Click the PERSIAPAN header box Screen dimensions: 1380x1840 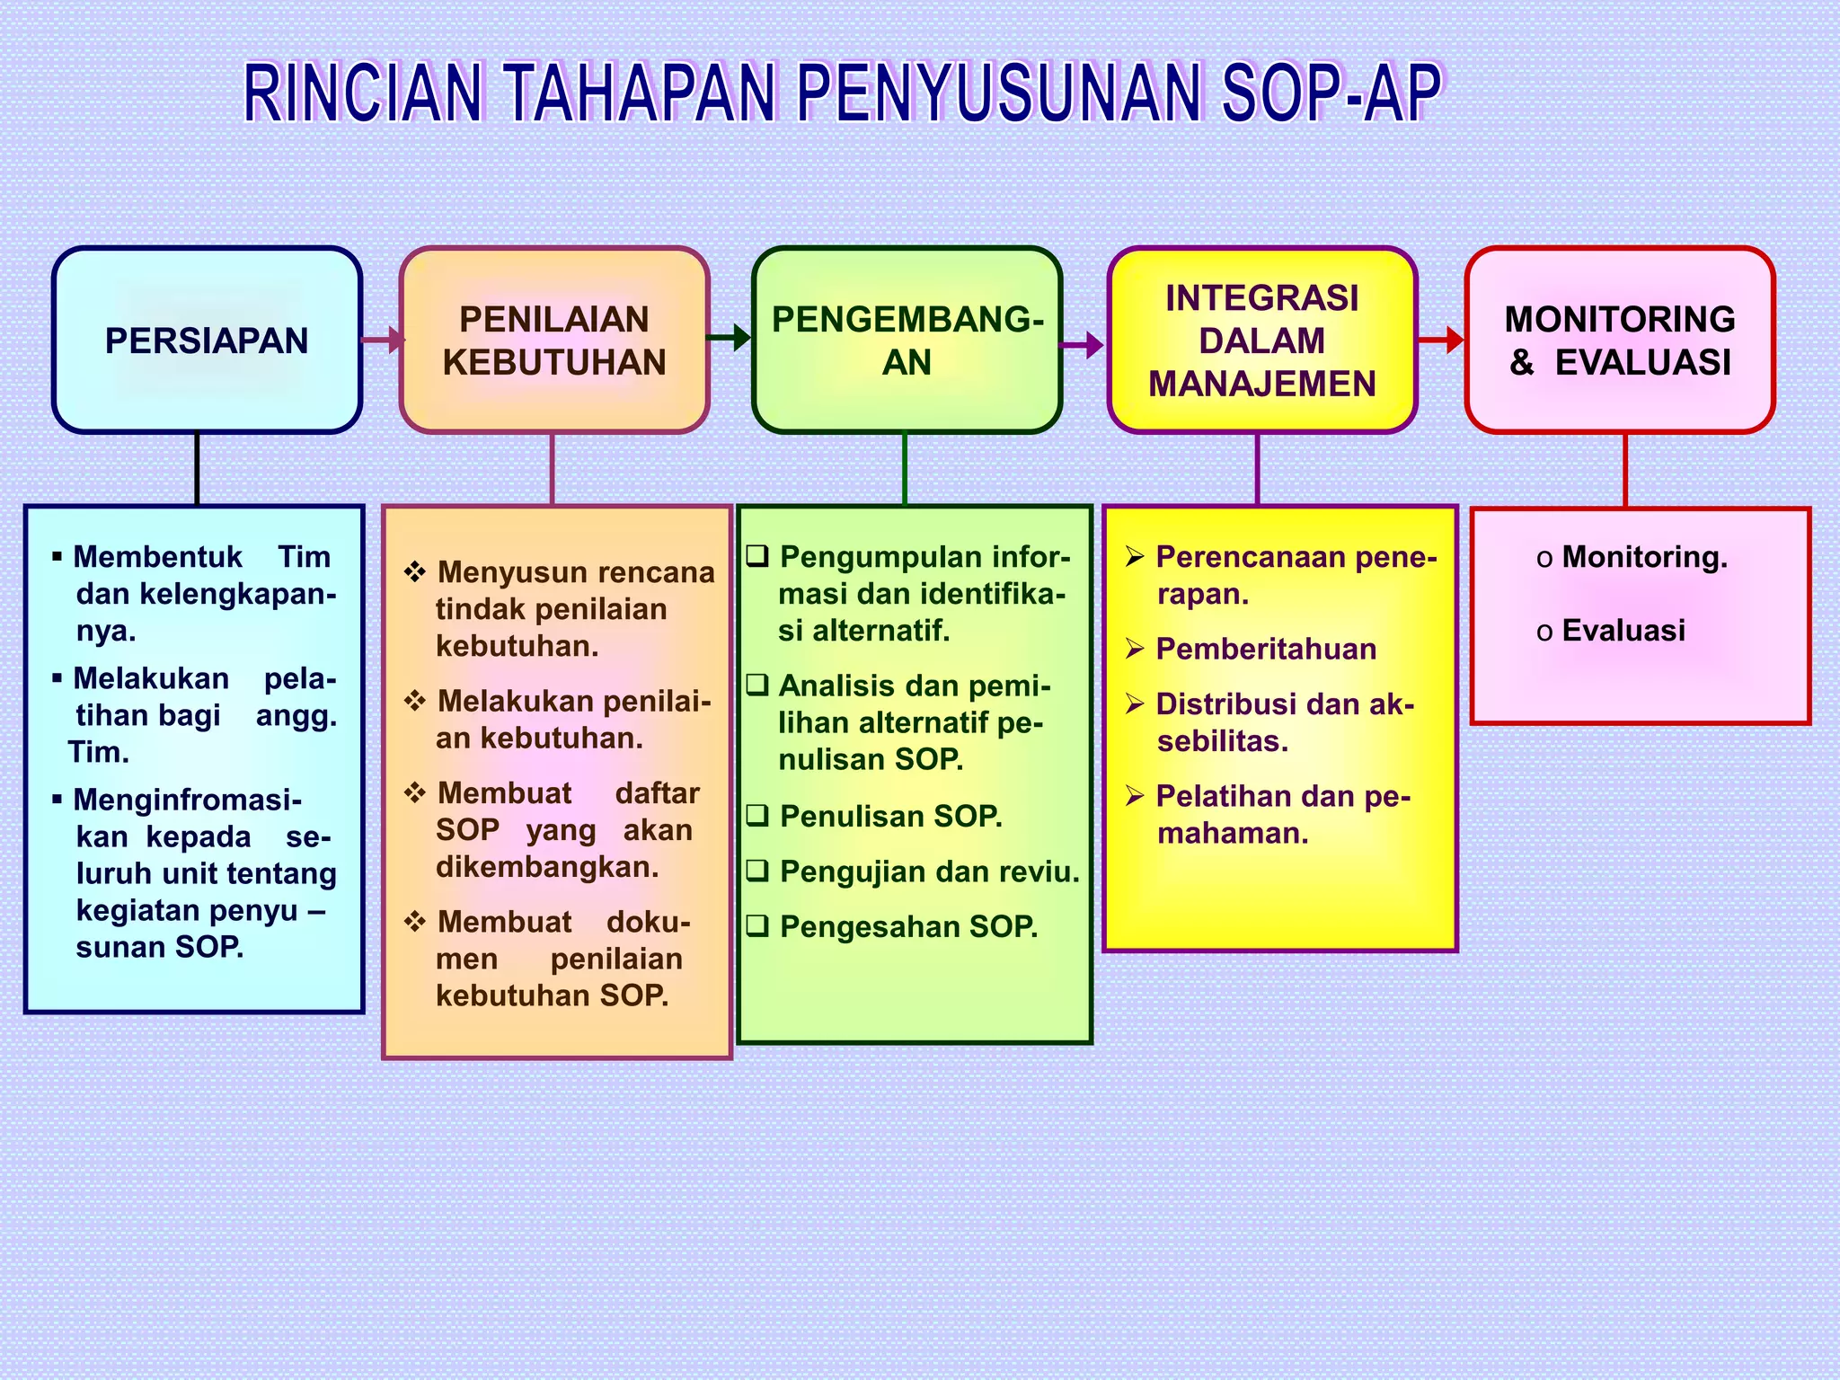tap(207, 341)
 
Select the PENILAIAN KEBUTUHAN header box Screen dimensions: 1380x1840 tap(554, 341)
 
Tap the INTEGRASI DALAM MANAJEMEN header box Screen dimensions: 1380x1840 tap(1261, 341)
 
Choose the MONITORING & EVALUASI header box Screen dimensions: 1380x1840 tap(1619, 341)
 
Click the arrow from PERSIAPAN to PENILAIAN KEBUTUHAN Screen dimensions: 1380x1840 tap(382, 341)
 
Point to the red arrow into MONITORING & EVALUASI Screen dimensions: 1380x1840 tap(1441, 341)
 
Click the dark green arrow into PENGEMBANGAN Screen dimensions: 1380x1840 tap(730, 338)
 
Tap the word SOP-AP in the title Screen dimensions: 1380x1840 tap(1331, 93)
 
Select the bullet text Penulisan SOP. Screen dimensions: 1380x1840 tap(890, 816)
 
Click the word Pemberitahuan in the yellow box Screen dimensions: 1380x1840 tap(1265, 649)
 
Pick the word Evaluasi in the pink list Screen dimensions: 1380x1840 tap(1623, 631)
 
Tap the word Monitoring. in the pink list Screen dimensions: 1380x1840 tap(1644, 557)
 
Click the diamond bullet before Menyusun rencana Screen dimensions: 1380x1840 tap(414, 571)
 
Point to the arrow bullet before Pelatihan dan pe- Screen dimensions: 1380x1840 tap(1135, 796)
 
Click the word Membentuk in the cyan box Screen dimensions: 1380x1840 tap(157, 557)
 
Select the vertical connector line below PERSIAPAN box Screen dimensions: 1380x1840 tap(197, 469)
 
